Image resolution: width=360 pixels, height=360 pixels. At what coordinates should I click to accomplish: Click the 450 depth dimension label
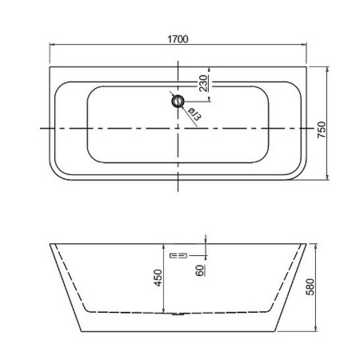tap(158, 278)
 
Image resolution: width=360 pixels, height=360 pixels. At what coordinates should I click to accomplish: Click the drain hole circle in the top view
tap(178, 101)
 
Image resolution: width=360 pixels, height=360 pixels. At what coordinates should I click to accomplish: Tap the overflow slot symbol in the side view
tap(179, 255)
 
